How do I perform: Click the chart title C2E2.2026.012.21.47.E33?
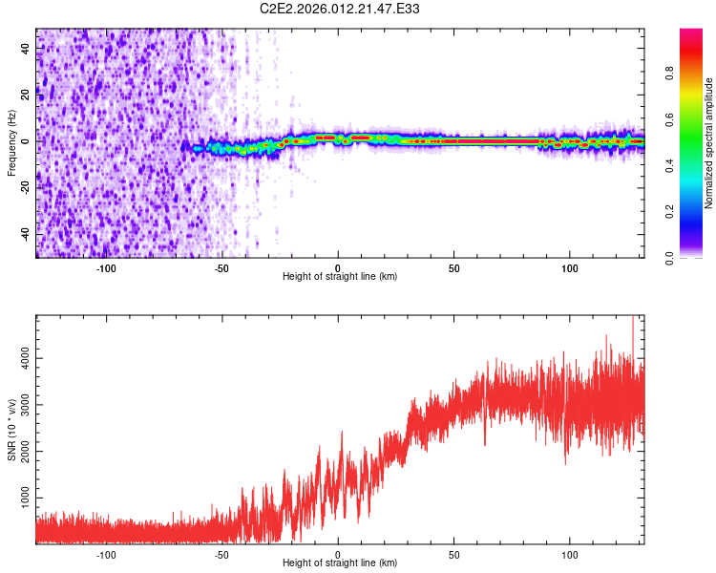340,9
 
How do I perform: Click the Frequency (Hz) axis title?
11,142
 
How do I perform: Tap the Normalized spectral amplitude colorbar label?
708,143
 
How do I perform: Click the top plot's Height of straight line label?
340,276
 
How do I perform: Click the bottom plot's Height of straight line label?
340,562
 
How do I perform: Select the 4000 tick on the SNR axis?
20,355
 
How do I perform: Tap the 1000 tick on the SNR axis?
20,499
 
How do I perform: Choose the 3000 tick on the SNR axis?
20,403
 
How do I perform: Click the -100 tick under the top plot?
106,267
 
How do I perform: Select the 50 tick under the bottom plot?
454,554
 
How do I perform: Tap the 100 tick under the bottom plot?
571,554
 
